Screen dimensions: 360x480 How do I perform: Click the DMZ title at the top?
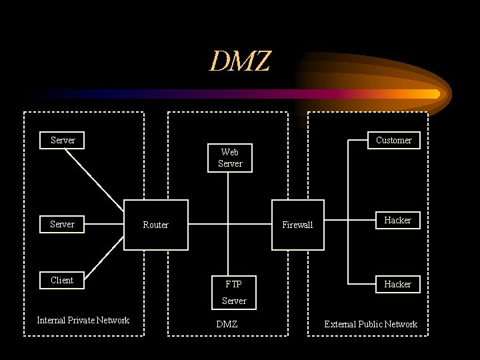[240, 61]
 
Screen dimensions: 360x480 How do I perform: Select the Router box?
[156, 225]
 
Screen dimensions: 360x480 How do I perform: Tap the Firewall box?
[297, 225]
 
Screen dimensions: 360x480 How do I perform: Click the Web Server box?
[230, 158]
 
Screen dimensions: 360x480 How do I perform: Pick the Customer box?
[393, 140]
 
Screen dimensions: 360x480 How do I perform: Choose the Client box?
[62, 280]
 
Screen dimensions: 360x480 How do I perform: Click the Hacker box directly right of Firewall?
[397, 220]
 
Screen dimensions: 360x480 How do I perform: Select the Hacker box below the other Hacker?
[397, 284]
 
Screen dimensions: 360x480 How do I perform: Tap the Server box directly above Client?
[62, 224]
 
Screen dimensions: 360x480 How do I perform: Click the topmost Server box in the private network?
[63, 140]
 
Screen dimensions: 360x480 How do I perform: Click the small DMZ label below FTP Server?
[227, 324]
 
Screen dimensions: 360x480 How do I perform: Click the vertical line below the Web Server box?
[228, 193]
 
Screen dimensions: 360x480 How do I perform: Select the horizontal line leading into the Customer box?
[357, 140]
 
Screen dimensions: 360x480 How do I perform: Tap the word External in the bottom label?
[340, 324]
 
